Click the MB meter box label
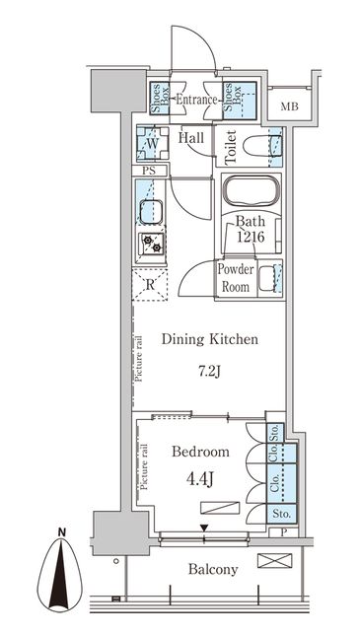pyautogui.click(x=290, y=106)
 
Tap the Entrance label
pyautogui.click(x=196, y=100)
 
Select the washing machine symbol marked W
pyautogui.click(x=152, y=143)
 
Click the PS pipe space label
pyautogui.click(x=149, y=171)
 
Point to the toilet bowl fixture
pyautogui.click(x=262, y=146)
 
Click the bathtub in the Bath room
pyautogui.click(x=252, y=190)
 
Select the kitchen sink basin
pyautogui.click(x=151, y=212)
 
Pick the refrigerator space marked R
pyautogui.click(x=150, y=284)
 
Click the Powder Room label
pyautogui.click(x=236, y=278)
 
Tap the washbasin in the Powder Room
pyautogui.click(x=267, y=278)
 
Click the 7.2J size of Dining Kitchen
pyautogui.click(x=209, y=371)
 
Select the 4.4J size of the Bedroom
pyautogui.click(x=199, y=479)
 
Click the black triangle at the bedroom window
pyautogui.click(x=204, y=528)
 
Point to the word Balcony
pyautogui.click(x=213, y=569)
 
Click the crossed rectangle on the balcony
pyautogui.click(x=274, y=560)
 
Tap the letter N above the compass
pyautogui.click(x=61, y=531)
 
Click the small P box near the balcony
pyautogui.click(x=283, y=531)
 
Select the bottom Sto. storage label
pyautogui.click(x=282, y=514)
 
